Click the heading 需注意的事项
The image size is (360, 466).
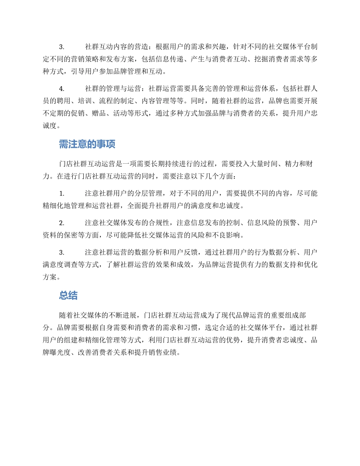[87, 144]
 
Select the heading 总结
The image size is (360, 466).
[68, 296]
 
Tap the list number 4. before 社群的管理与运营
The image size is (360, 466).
[61, 89]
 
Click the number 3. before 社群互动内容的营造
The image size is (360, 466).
[61, 47]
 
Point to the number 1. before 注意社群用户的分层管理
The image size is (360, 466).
[61, 193]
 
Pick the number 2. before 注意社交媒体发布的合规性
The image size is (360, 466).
[61, 222]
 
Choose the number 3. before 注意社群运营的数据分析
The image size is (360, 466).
[61, 252]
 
